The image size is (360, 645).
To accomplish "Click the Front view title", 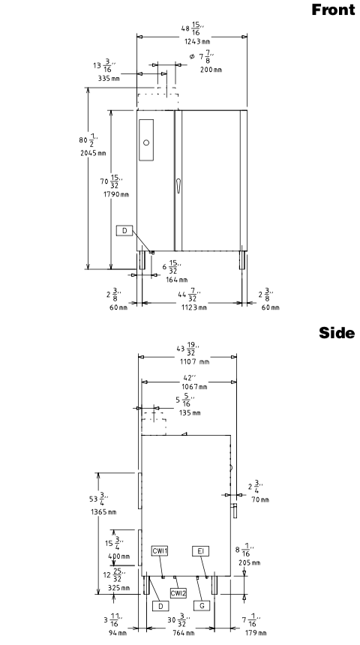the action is click(x=333, y=10).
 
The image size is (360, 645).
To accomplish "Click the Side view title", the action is click(x=337, y=333).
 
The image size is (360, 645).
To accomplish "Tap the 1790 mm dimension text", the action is click(x=116, y=194).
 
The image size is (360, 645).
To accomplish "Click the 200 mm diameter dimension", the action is click(x=211, y=70).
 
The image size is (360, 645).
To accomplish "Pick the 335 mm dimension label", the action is click(x=109, y=78).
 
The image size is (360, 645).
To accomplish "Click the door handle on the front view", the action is click(x=178, y=185).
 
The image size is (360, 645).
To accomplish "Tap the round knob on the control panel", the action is click(x=146, y=142).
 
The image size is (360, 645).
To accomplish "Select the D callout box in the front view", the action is click(x=124, y=231).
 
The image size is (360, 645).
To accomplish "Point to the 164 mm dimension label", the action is click(x=176, y=280).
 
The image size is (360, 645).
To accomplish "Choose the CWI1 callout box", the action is click(x=160, y=551).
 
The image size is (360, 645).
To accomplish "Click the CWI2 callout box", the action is click(x=178, y=592).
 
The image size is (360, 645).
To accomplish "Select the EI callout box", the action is click(x=201, y=551).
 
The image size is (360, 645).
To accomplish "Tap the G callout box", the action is click(x=202, y=606).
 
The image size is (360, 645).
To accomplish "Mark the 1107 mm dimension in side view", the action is click(x=194, y=362).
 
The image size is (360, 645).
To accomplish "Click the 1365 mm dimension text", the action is click(x=103, y=512).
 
